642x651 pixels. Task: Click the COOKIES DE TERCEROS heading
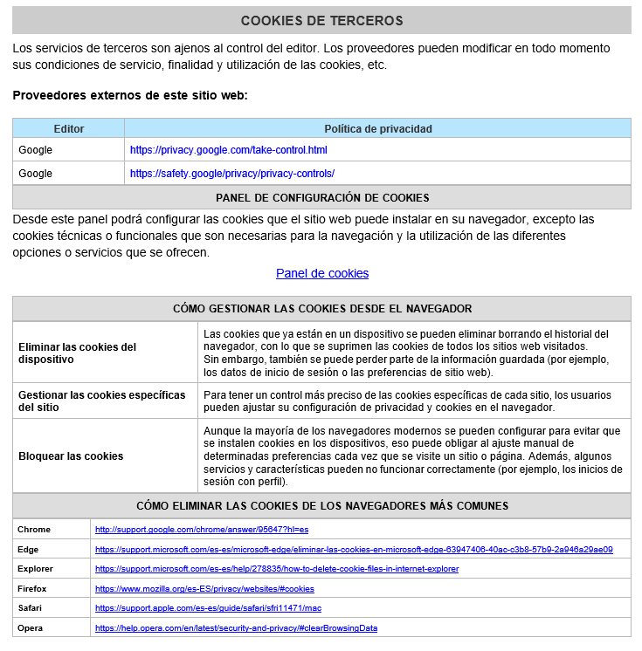(x=321, y=20)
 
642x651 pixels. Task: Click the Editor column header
(x=69, y=128)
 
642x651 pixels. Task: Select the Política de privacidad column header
(x=377, y=128)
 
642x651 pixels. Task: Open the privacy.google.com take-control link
(x=228, y=150)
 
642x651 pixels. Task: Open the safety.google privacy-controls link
(x=231, y=174)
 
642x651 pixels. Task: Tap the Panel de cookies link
(x=322, y=273)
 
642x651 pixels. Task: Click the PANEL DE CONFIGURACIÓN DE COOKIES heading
(x=321, y=197)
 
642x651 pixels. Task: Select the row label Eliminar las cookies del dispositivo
(x=78, y=353)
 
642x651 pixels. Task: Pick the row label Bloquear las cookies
(x=71, y=456)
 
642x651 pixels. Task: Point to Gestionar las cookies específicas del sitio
(x=102, y=401)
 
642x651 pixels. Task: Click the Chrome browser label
(x=34, y=530)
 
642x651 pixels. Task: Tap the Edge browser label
(x=28, y=550)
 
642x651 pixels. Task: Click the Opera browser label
(x=31, y=628)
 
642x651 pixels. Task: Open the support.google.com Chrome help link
(x=202, y=530)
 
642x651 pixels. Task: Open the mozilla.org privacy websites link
(x=204, y=589)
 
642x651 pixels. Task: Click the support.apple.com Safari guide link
(x=207, y=608)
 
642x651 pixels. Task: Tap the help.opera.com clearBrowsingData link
(x=236, y=628)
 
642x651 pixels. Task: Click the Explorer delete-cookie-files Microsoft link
(x=276, y=569)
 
